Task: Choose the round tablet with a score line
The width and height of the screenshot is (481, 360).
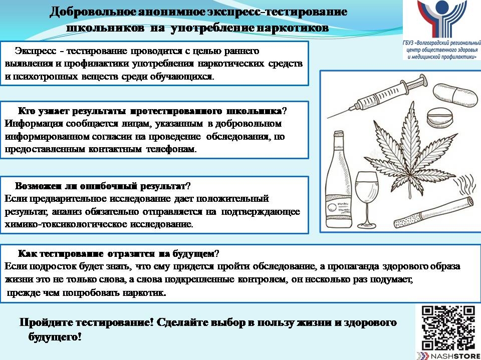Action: point(439,118)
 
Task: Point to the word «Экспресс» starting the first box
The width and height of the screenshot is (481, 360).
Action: point(36,51)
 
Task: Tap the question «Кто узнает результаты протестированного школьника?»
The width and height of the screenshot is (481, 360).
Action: point(152,111)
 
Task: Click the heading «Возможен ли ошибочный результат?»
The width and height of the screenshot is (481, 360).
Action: point(103,186)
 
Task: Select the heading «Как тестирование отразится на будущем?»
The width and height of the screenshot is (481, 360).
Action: point(119,253)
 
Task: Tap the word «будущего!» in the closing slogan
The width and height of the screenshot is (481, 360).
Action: point(55,337)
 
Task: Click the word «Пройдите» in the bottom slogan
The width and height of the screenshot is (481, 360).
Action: point(46,322)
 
